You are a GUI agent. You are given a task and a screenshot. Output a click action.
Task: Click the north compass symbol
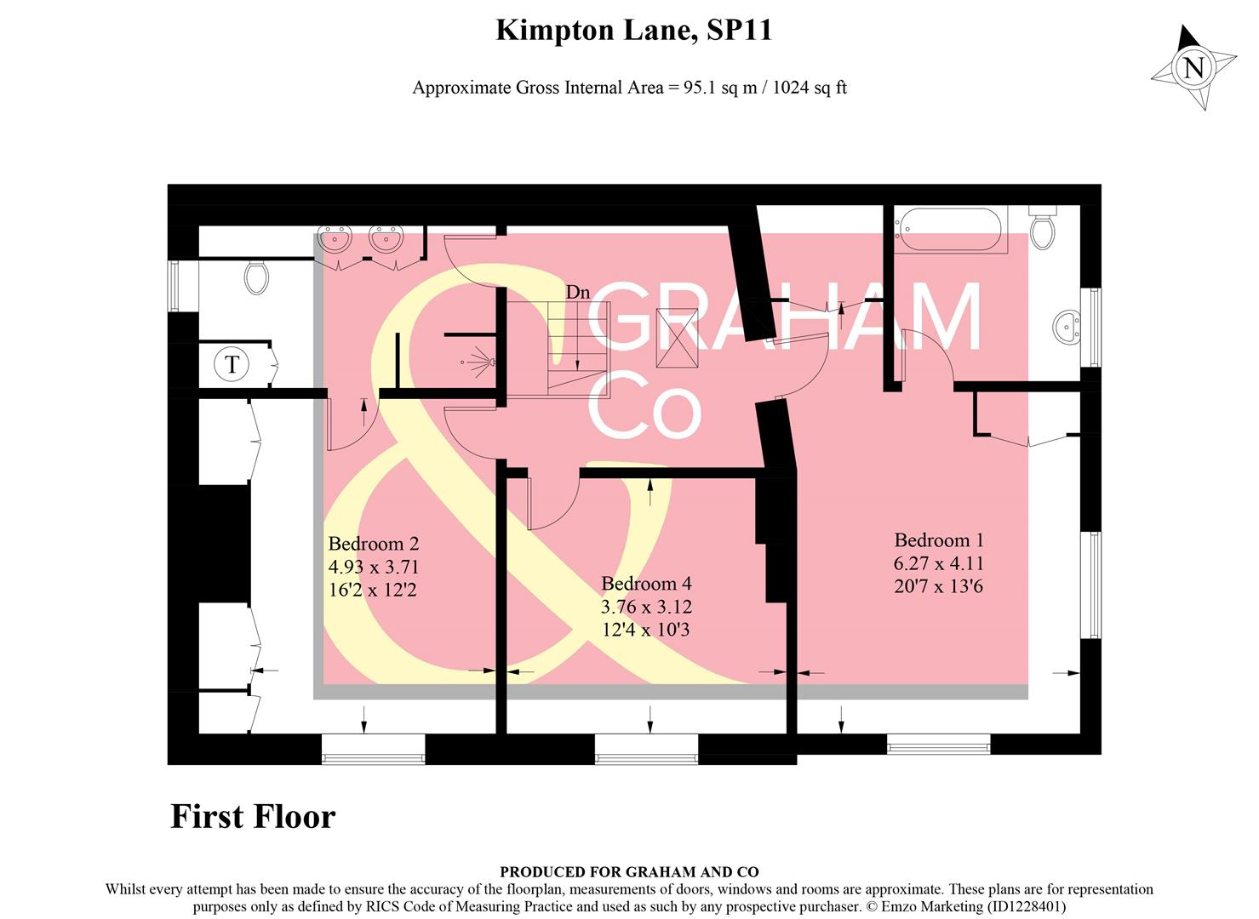[x=1194, y=67]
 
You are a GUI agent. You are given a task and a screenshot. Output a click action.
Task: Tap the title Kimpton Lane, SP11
[x=633, y=31]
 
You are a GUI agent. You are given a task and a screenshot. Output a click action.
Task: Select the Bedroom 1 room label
[x=939, y=540]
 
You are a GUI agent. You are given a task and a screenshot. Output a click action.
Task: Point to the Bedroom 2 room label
[x=374, y=544]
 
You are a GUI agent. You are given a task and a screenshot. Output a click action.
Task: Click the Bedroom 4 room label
[x=646, y=584]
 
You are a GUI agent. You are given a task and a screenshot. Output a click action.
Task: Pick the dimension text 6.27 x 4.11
[x=939, y=563]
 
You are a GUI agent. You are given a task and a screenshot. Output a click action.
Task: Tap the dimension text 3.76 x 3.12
[x=646, y=607]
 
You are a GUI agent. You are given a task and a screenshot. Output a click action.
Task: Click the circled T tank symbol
[x=232, y=365]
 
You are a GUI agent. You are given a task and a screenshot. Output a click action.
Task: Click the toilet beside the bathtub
[x=1042, y=226]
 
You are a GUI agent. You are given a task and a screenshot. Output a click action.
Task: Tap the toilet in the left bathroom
[x=255, y=276]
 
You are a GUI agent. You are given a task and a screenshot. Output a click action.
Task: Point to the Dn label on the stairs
[x=578, y=292]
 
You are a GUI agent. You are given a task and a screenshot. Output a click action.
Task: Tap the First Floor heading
[x=253, y=816]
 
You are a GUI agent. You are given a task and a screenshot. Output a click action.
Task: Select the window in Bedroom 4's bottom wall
[x=646, y=745]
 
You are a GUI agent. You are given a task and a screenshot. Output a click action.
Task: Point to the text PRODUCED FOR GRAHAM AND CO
[x=629, y=871]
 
